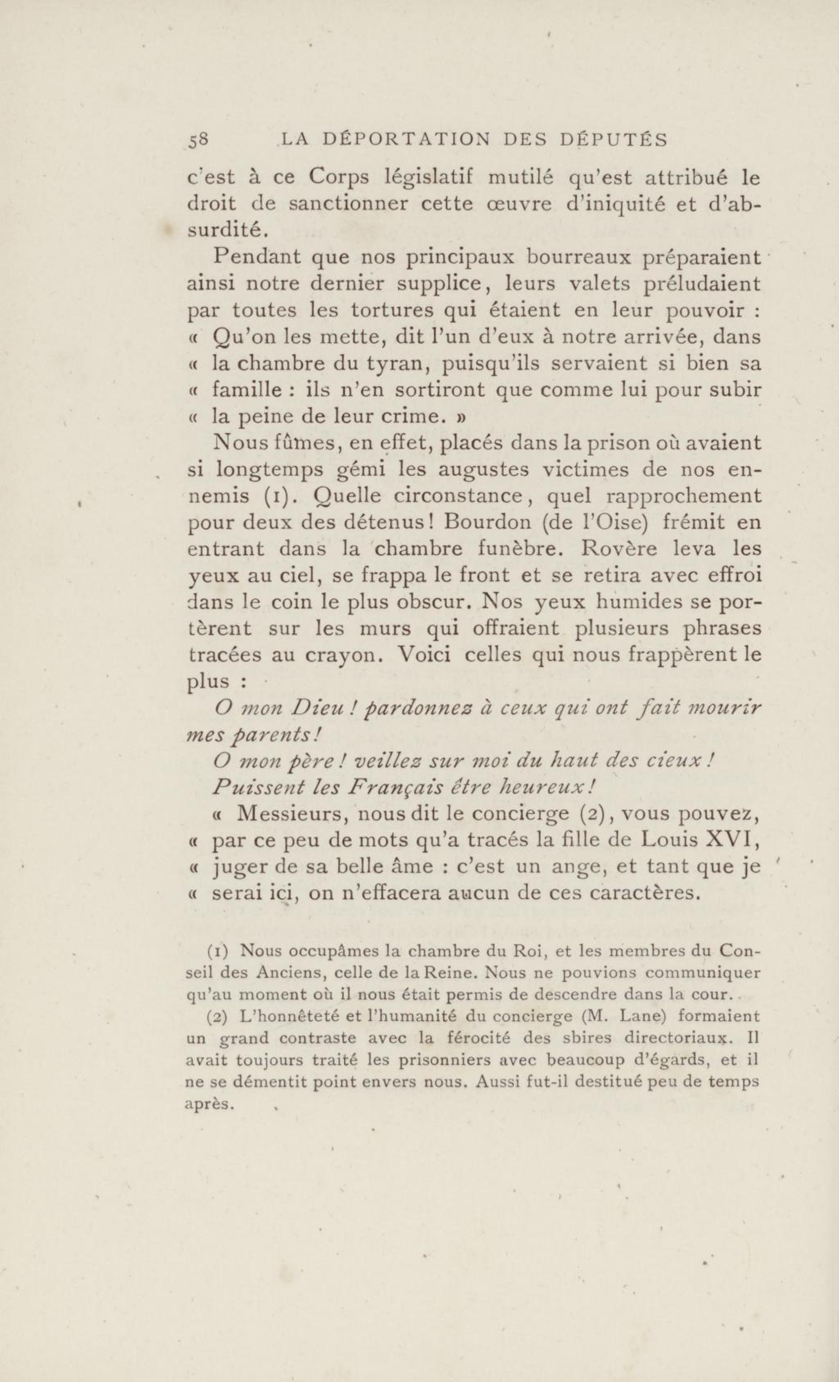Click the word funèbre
519,549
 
